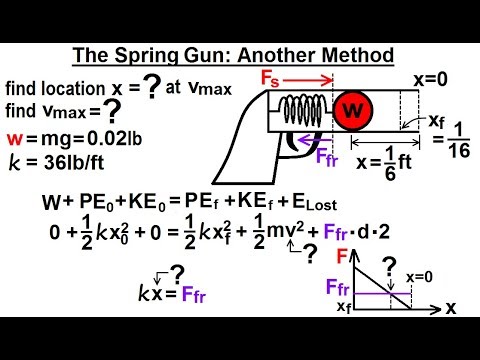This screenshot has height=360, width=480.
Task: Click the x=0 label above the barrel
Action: pyautogui.click(x=432, y=78)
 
